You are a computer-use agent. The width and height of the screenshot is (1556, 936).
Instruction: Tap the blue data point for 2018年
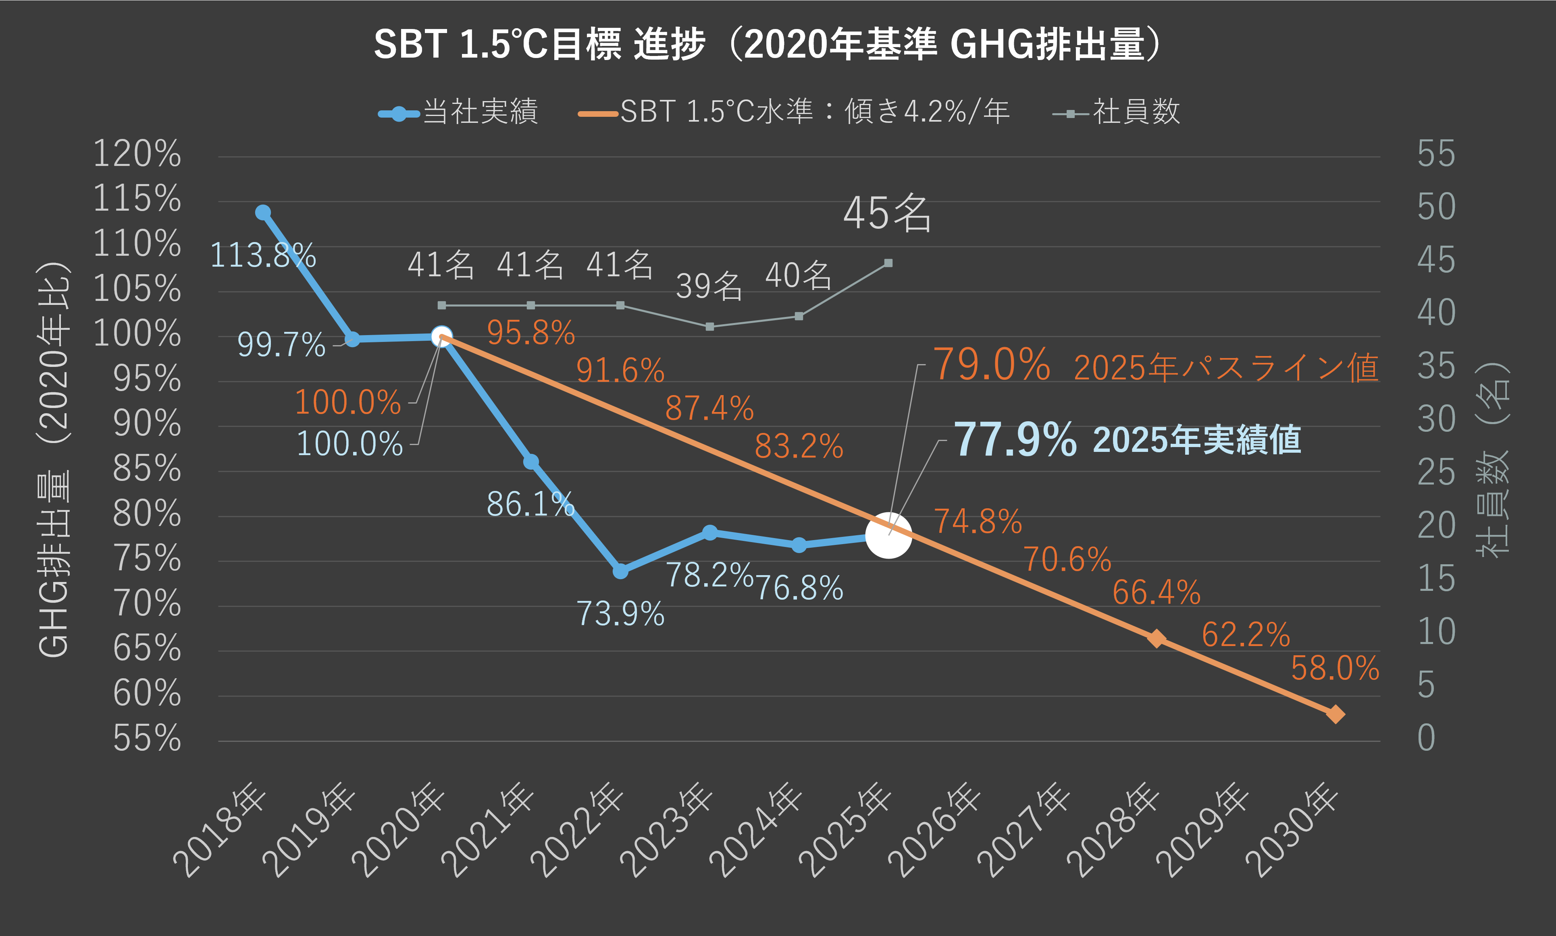click(263, 213)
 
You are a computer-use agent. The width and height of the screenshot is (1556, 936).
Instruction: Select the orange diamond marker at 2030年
click(1335, 714)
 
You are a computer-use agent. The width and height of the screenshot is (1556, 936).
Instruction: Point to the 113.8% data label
click(262, 255)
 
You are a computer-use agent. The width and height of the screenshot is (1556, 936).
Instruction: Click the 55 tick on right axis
click(1436, 154)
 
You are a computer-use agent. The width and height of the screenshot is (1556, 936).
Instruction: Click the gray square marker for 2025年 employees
click(888, 263)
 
